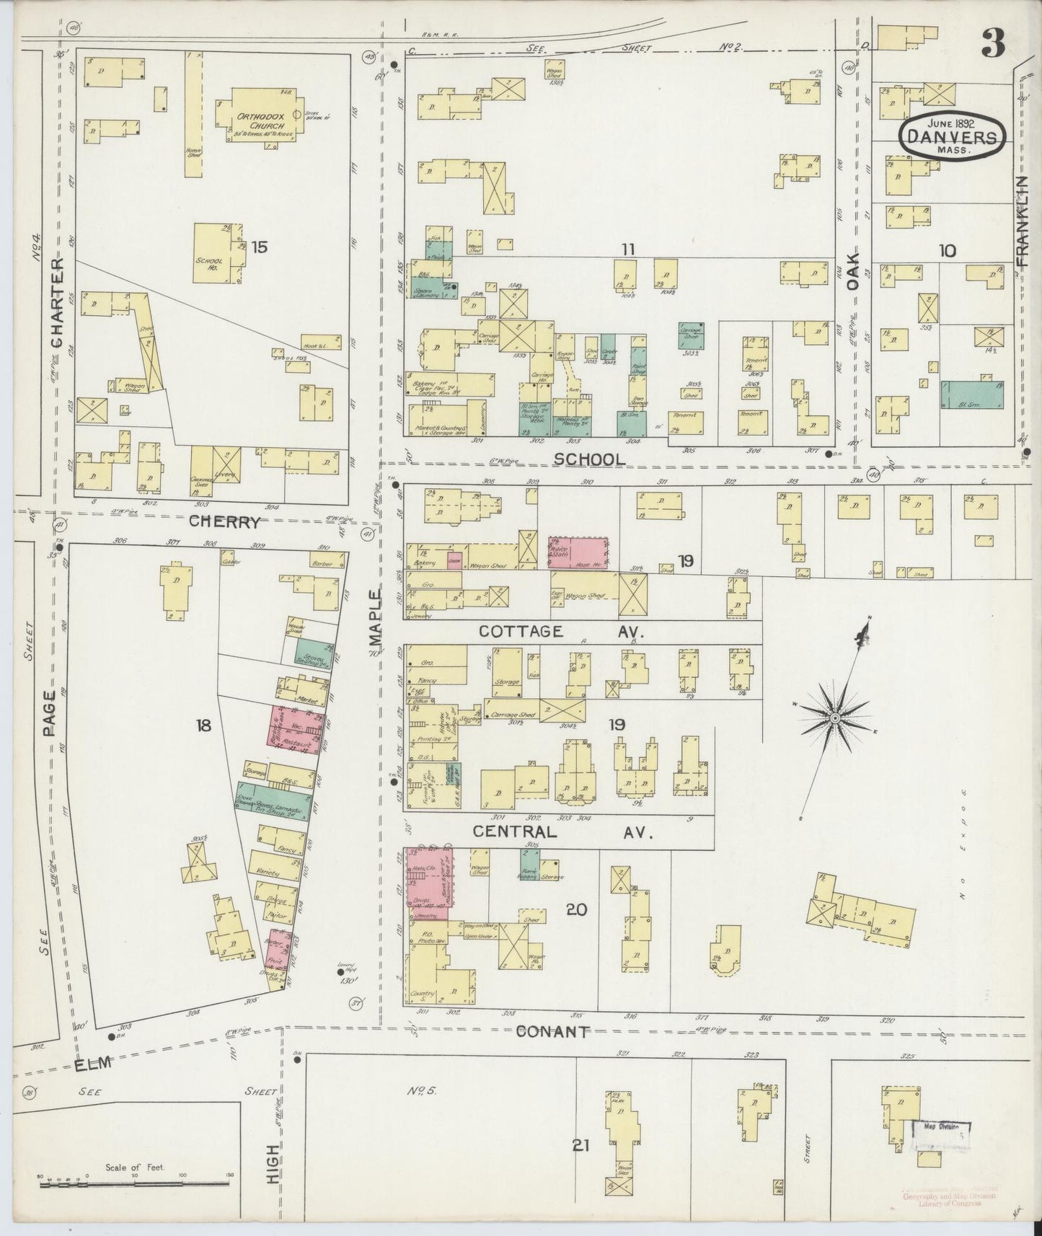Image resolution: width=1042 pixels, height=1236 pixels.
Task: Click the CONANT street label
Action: click(553, 1031)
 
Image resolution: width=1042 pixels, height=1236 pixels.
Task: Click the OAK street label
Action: click(854, 271)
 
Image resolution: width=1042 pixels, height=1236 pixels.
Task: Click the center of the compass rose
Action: click(834, 719)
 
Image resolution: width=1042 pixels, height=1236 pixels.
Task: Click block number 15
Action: click(259, 247)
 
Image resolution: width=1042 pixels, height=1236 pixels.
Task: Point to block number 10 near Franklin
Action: click(947, 250)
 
